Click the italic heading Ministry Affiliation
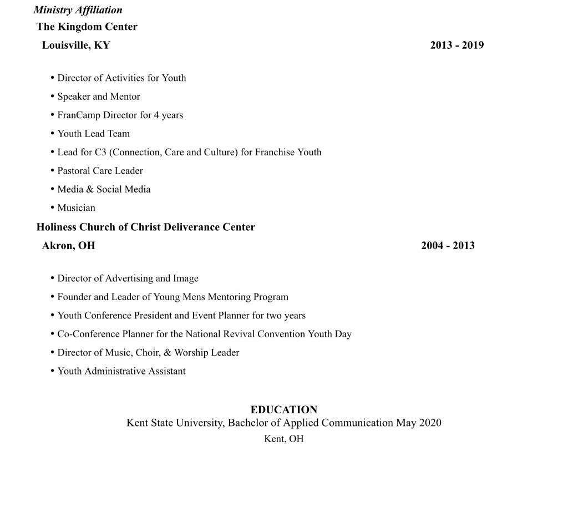click(x=78, y=10)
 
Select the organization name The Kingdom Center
click(x=87, y=27)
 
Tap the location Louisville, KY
click(x=76, y=45)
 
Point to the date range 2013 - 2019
click(x=457, y=45)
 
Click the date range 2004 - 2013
click(x=448, y=245)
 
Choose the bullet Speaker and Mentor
click(x=99, y=97)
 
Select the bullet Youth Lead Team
click(x=93, y=134)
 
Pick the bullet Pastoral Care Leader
click(x=100, y=171)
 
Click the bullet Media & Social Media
click(x=104, y=189)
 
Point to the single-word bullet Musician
click(x=76, y=208)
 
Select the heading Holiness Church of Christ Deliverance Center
click(x=145, y=227)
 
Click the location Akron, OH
click(x=68, y=245)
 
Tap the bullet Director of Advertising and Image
click(x=128, y=278)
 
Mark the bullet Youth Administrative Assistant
click(x=121, y=371)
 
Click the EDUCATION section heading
click(x=284, y=409)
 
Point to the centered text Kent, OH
click(x=284, y=439)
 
